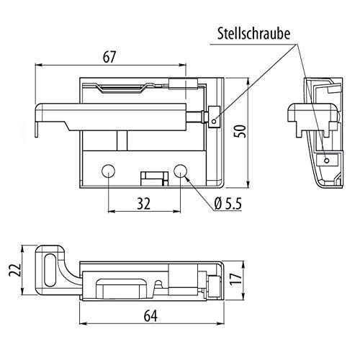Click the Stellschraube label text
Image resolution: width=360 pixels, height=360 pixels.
click(x=253, y=34)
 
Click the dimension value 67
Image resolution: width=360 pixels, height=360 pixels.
click(x=109, y=57)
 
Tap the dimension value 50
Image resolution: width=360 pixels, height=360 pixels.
click(x=240, y=131)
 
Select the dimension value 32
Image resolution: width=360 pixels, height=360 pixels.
click(x=143, y=204)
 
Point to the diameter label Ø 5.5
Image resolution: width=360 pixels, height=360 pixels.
click(x=228, y=204)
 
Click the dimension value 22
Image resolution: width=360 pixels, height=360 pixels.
click(x=14, y=270)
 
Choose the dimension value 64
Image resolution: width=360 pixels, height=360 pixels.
click(x=150, y=315)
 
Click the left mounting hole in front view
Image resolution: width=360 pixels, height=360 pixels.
click(x=108, y=171)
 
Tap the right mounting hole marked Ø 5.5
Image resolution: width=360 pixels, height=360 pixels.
click(x=180, y=171)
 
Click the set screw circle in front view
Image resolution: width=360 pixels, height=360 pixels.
click(x=215, y=122)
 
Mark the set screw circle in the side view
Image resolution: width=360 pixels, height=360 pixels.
click(x=326, y=161)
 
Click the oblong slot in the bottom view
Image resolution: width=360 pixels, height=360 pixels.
click(x=50, y=270)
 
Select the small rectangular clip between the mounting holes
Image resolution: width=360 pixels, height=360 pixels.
click(x=155, y=179)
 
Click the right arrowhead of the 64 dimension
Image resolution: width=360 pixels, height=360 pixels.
click(x=220, y=324)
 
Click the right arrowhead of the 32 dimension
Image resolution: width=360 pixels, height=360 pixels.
click(x=176, y=211)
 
